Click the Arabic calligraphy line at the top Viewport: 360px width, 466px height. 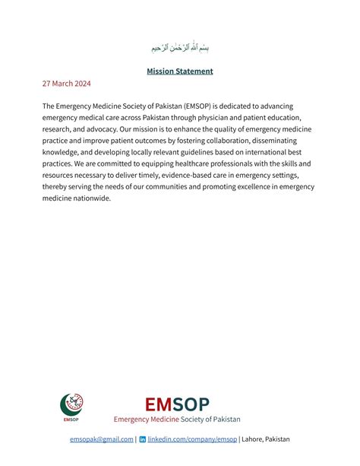[x=180, y=47]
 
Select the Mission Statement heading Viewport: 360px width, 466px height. [x=180, y=71]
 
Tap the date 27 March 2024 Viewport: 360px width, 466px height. [x=66, y=84]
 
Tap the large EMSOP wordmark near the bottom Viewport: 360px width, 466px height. [x=177, y=404]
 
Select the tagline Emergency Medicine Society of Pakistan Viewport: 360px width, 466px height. [x=177, y=419]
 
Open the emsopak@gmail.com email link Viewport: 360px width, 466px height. [x=102, y=439]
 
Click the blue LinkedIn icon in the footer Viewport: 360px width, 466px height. [x=143, y=439]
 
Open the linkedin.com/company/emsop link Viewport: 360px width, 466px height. [x=192, y=439]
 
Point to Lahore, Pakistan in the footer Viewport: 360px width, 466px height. [x=266, y=439]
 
